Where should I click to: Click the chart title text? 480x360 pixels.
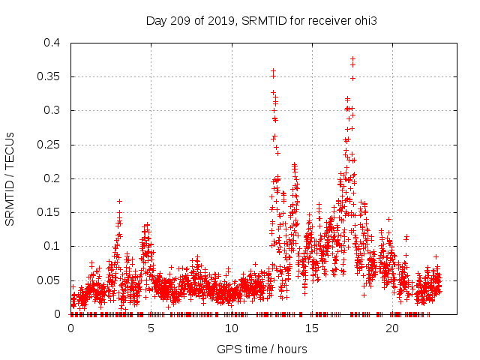click(261, 20)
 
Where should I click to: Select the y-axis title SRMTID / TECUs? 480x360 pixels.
click(10, 178)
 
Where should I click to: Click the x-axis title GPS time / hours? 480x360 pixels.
click(261, 349)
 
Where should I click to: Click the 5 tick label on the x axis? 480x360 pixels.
click(151, 328)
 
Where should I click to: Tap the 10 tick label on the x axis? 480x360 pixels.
click(232, 328)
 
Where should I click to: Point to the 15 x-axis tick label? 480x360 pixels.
click(312, 328)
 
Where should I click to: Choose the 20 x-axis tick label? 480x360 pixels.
click(392, 328)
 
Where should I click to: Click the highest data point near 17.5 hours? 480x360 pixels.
click(352, 58)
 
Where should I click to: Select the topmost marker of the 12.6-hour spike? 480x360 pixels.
click(273, 71)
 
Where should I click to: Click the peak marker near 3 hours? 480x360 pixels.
click(119, 201)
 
